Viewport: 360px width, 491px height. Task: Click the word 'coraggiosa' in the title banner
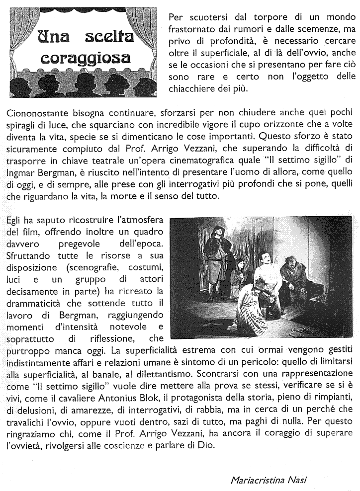(x=86, y=58)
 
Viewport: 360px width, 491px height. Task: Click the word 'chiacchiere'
(x=195, y=89)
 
